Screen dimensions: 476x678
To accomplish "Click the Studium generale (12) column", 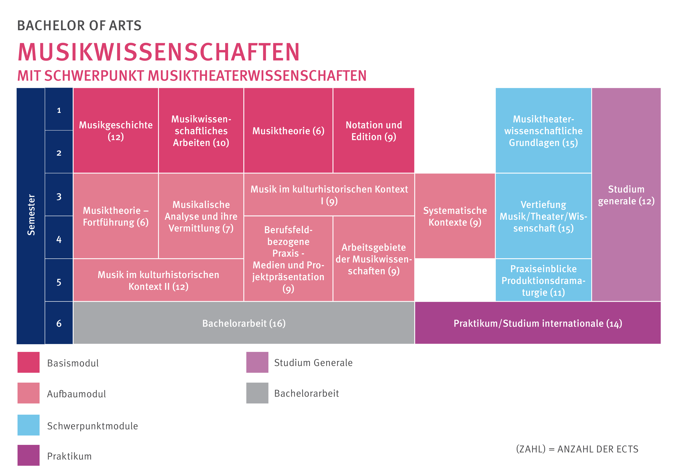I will point(626,195).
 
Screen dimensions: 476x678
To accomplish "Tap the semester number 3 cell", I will point(59,196).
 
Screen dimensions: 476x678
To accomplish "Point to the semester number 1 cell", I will point(59,110).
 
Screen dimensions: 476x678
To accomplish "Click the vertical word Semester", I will point(31,215).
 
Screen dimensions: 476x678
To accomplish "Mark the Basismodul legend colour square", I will point(28,362).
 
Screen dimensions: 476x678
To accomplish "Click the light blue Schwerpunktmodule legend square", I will point(28,425).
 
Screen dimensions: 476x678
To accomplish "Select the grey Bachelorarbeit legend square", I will point(257,393).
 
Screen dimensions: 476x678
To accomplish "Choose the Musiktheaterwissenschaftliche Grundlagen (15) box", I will point(543,131).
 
